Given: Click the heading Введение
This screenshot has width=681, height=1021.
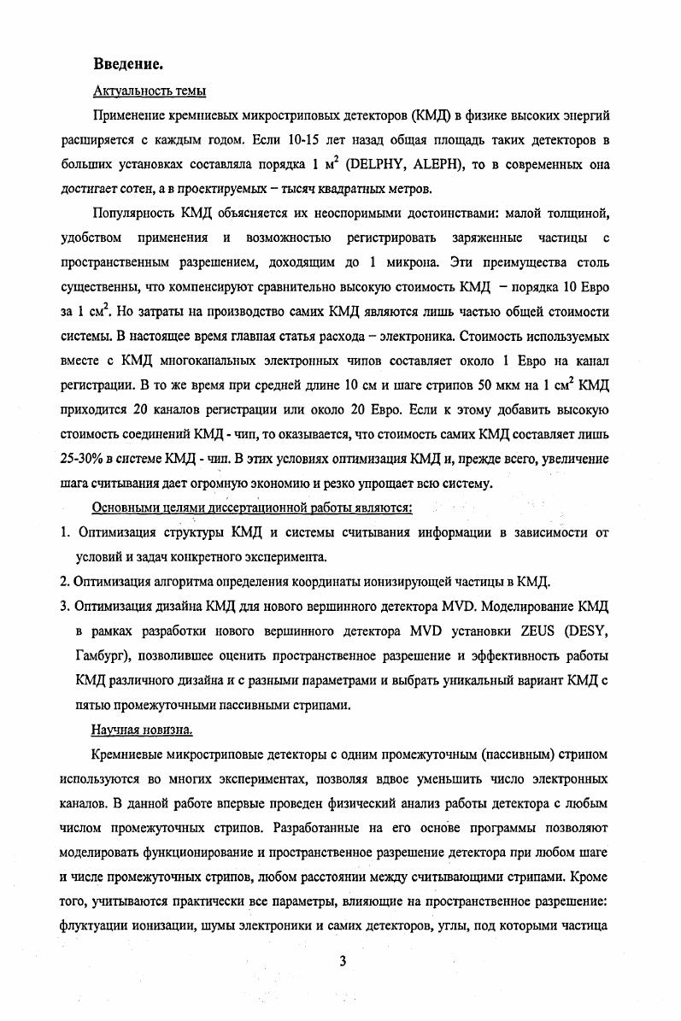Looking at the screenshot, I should [128, 64].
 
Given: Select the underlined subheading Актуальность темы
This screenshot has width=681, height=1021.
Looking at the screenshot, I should [148, 91].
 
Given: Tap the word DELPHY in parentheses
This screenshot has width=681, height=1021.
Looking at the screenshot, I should [376, 163].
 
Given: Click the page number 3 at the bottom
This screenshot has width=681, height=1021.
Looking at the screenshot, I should [342, 961].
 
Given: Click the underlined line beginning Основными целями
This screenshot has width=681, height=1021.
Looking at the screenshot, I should [251, 508].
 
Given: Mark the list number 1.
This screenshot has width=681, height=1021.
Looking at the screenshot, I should [65, 533].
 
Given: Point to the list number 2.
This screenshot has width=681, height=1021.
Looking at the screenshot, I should [65, 583].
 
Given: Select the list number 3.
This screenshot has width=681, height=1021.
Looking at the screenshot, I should [65, 607].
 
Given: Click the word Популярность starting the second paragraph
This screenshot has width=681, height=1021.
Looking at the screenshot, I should [140, 212].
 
